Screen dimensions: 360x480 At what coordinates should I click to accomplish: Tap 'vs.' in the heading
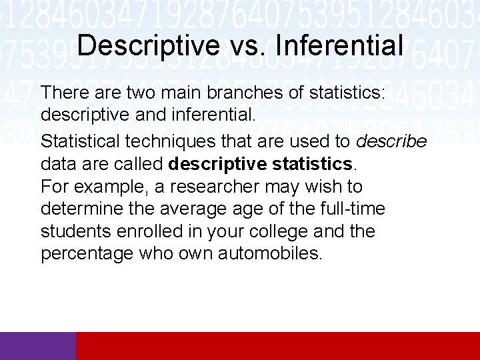243,46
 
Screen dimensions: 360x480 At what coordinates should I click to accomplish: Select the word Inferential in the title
338,46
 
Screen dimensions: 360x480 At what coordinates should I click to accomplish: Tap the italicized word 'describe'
392,141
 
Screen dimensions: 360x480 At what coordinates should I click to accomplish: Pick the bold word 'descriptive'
216,164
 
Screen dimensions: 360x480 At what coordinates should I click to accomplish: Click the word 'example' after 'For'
109,187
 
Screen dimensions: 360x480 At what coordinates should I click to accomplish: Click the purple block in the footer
38,346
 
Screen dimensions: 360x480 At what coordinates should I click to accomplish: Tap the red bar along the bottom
278,346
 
